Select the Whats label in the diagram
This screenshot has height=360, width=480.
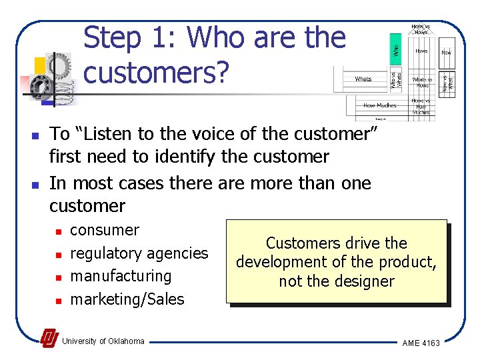pos(363,79)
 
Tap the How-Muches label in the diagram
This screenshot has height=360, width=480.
pos(379,105)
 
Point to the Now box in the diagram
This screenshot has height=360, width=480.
pos(446,51)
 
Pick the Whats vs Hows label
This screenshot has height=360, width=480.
pos(421,82)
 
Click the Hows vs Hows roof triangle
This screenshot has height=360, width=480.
pos(421,29)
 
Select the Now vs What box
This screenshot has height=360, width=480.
pos(448,81)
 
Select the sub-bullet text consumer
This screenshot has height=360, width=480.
pos(105,231)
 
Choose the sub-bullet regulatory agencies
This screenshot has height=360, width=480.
pos(139,253)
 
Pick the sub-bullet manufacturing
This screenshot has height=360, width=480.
pos(121,276)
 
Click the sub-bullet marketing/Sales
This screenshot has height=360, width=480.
pos(127,299)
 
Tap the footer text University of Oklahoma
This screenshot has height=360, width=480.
pos(103,341)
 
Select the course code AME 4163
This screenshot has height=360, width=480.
pos(421,343)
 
